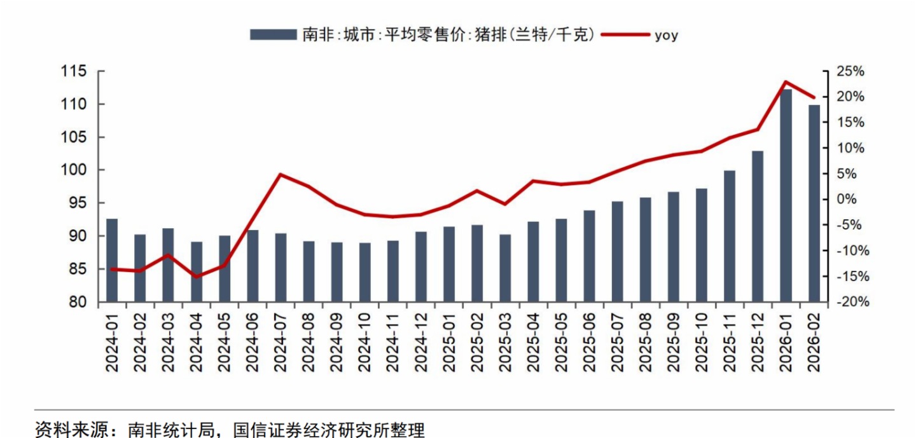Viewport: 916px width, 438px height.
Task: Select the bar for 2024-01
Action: tap(112, 260)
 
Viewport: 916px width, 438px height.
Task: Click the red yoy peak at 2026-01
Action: tap(786, 81)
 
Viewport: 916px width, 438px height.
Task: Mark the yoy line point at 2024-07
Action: tap(281, 174)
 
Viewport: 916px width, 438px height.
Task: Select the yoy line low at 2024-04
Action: tap(197, 277)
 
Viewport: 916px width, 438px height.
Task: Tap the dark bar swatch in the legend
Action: tap(273, 35)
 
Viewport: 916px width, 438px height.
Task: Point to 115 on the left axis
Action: tap(74, 72)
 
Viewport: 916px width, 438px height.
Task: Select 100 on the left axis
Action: tap(74, 170)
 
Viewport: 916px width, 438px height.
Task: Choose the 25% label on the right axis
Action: tap(850, 72)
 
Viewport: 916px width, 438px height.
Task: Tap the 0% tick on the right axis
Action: tap(845, 200)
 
